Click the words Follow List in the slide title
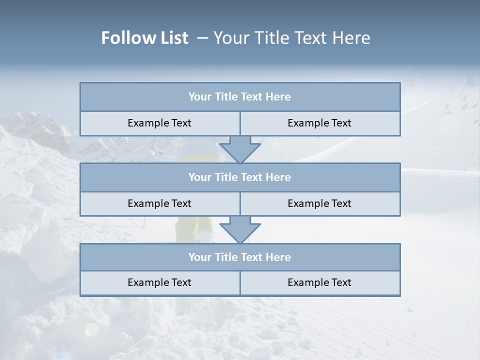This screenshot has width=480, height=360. click(144, 38)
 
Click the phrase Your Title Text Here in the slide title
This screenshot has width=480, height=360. click(291, 38)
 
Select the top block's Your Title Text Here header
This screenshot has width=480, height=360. click(239, 97)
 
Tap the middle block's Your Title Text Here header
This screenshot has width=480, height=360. click(239, 177)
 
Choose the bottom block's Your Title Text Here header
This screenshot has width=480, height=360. click(239, 257)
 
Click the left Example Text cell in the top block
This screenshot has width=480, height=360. click(159, 123)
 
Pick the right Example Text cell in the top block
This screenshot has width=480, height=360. click(319, 123)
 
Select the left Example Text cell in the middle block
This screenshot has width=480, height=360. click(159, 203)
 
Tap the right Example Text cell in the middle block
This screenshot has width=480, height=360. click(319, 203)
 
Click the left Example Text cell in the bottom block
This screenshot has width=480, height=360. click(159, 282)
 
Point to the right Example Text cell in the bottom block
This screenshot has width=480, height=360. click(319, 282)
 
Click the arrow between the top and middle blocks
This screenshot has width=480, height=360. click(240, 149)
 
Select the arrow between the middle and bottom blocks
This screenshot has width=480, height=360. click(240, 229)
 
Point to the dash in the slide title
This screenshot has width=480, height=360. click(202, 38)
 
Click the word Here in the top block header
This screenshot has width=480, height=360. click(278, 97)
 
